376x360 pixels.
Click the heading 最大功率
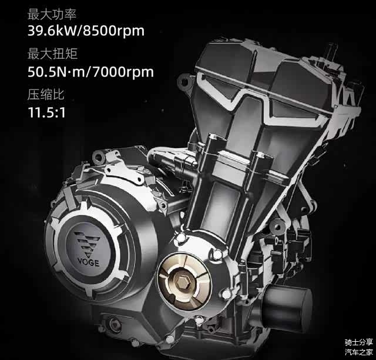(52, 14)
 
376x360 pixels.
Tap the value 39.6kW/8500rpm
(86, 31)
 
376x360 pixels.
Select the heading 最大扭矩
(52, 54)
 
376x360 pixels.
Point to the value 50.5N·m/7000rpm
(90, 72)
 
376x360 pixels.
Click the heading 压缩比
(46, 94)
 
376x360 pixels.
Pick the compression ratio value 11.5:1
(46, 112)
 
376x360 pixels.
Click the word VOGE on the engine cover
(88, 262)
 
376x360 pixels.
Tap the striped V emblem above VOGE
(87, 243)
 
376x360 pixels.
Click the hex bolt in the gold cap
(181, 281)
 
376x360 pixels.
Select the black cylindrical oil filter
(288, 303)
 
